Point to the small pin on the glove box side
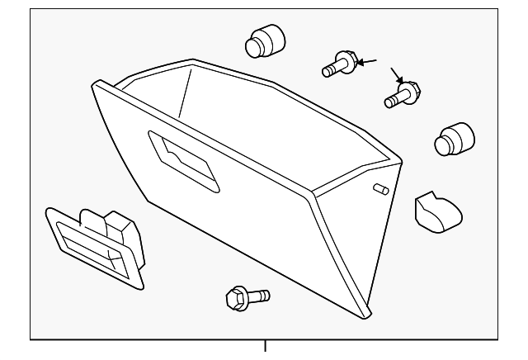381,188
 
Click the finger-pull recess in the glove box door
184,160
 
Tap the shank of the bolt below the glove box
259,293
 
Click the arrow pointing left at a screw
367,61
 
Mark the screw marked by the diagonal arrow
403,93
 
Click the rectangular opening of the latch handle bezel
91,248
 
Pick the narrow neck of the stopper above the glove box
255,46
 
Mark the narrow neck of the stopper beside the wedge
443,146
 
